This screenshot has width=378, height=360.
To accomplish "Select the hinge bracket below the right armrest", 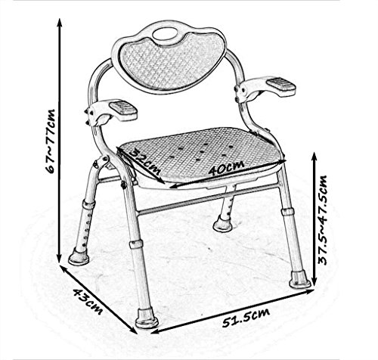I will tap(244, 95).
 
